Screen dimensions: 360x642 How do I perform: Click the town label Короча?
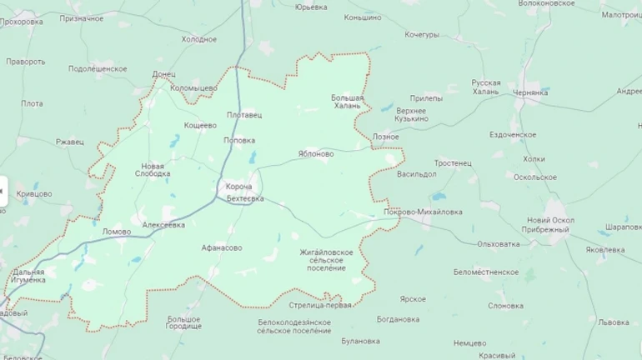coord(238,187)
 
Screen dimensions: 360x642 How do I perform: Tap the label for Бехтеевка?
coord(245,198)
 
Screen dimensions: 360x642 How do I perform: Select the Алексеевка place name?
coord(164,225)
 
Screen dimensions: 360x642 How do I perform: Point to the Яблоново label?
coord(316,154)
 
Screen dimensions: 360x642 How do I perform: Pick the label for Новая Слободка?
coord(153,169)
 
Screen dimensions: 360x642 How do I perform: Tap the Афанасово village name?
coord(222,247)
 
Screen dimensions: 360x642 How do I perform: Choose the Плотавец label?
coord(243,115)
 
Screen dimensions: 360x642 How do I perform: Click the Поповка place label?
coord(239,140)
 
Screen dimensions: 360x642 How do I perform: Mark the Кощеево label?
coord(200,125)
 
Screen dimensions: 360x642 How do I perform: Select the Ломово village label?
coord(117,231)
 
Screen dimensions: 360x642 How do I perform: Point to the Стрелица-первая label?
coord(319,305)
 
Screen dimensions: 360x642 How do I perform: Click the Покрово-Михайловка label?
coord(423,212)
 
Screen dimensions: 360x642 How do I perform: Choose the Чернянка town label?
coord(531,92)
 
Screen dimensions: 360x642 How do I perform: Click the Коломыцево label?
coord(193,87)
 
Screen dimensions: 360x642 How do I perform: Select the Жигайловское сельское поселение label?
coord(327,259)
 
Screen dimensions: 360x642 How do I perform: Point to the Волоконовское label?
coord(547,3)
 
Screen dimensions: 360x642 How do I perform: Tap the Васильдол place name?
coord(417,174)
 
